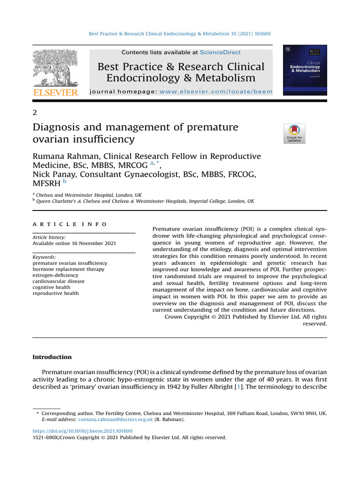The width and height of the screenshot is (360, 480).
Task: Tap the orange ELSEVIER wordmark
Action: coord(55,93)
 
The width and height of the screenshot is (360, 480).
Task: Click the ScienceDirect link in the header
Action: coord(220,53)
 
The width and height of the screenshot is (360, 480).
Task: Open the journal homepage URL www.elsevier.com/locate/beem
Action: coord(216,92)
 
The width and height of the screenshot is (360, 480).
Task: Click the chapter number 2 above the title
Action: coord(34,112)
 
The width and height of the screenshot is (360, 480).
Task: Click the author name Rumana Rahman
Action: coord(65,156)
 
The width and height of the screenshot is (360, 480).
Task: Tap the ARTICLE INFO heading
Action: coord(69,225)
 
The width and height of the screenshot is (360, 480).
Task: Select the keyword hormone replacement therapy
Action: coord(68,270)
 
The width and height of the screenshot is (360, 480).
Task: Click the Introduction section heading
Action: coord(52,357)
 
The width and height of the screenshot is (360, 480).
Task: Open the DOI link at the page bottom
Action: coord(82,431)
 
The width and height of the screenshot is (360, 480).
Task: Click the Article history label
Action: coord(49,238)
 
